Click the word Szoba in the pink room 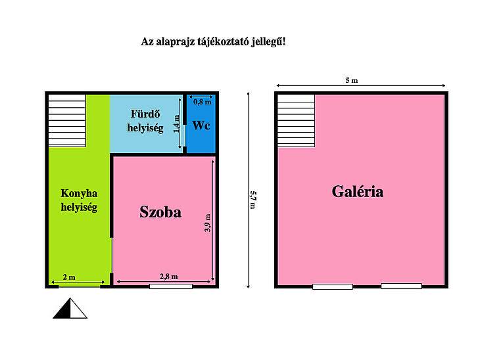[160, 212]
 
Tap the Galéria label [358, 192]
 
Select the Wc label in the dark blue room [201, 125]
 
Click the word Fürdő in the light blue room [145, 114]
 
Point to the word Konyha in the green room [79, 193]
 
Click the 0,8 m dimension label [203, 102]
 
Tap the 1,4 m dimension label [177, 124]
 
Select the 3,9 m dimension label [208, 223]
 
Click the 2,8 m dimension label [169, 277]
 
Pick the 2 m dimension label [69, 277]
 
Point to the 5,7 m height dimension [253, 200]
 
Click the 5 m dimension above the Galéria [351, 80]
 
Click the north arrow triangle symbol [70, 308]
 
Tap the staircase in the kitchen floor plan [67, 120]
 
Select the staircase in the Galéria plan [297, 120]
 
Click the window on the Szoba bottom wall [171, 286]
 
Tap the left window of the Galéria [333, 286]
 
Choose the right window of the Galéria [401, 286]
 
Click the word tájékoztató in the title [223, 41]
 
